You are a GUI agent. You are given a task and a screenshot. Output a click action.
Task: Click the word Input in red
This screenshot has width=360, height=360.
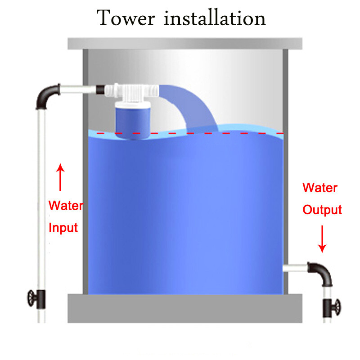(x=63, y=227)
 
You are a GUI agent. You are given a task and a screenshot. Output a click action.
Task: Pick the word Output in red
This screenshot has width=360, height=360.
(x=322, y=210)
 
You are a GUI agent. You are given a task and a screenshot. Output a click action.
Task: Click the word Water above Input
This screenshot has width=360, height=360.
(x=66, y=206)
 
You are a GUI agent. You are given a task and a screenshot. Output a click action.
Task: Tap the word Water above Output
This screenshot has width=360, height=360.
(x=319, y=187)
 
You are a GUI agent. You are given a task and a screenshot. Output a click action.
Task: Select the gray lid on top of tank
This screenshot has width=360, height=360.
(x=184, y=44)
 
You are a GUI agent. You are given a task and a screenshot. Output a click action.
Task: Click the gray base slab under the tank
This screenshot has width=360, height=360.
(x=184, y=308)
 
